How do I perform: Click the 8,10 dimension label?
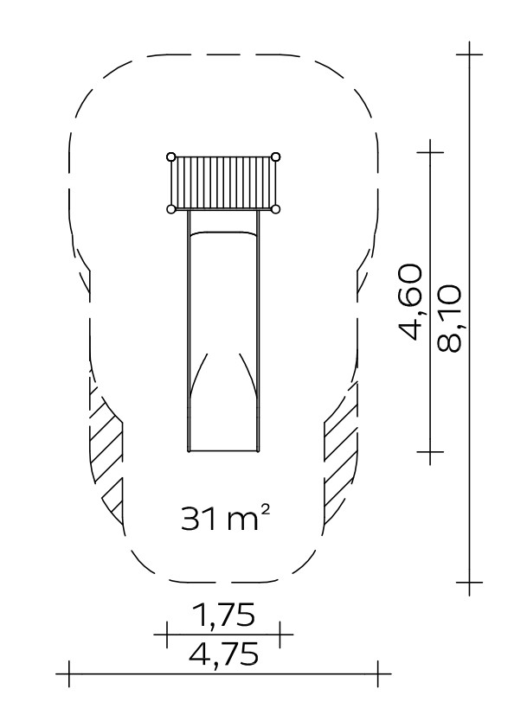[449, 318]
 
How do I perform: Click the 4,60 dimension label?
[410, 302]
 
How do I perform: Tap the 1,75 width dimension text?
[223, 615]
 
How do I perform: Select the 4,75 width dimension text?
[223, 654]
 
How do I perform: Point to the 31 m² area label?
[226, 518]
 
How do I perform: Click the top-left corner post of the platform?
[170, 157]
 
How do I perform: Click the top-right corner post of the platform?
[276, 156]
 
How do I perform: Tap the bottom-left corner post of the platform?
[170, 209]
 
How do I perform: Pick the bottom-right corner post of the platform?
[276, 208]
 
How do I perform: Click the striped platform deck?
[223, 183]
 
